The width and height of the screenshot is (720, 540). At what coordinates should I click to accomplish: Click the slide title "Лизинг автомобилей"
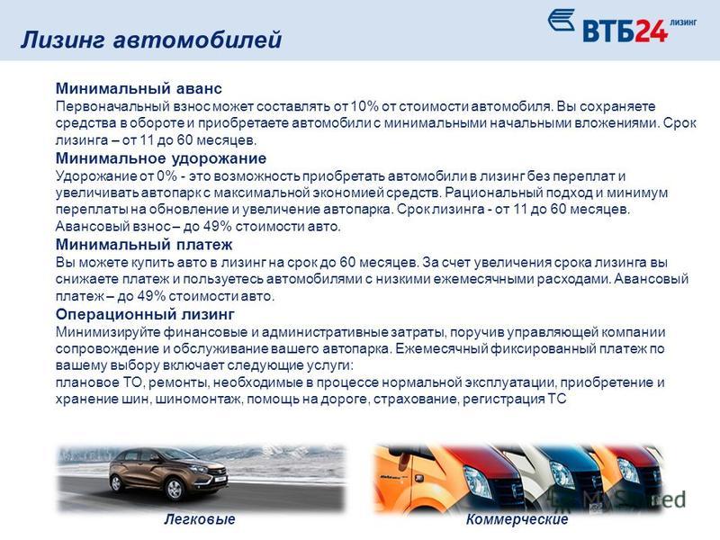[x=151, y=40]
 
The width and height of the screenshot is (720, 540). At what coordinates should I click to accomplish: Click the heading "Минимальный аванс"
[x=139, y=88]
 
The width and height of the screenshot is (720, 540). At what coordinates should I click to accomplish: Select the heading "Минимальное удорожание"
[x=161, y=158]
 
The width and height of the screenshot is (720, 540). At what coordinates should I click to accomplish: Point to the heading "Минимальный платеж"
[x=144, y=244]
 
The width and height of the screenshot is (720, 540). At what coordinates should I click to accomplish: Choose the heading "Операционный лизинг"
[x=145, y=314]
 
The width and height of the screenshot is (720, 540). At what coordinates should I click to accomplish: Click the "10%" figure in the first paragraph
[x=364, y=106]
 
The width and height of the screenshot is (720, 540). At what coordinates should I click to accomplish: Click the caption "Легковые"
[x=199, y=519]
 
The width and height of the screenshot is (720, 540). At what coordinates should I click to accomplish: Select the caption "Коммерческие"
[x=517, y=519]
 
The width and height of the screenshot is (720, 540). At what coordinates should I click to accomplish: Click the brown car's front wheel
[x=175, y=489]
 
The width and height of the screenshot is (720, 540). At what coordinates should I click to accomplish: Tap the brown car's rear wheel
[x=117, y=482]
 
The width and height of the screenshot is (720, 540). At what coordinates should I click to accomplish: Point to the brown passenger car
[x=168, y=474]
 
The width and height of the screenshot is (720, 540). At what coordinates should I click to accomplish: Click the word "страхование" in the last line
[x=415, y=399]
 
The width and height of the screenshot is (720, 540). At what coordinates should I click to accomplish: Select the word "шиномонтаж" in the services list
[x=198, y=400]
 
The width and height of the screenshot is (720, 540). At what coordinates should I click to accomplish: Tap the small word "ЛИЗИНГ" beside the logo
[x=683, y=22]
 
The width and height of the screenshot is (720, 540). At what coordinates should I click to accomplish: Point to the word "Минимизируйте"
[x=108, y=332]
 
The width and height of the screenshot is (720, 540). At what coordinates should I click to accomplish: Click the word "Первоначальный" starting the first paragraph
[x=113, y=107]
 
